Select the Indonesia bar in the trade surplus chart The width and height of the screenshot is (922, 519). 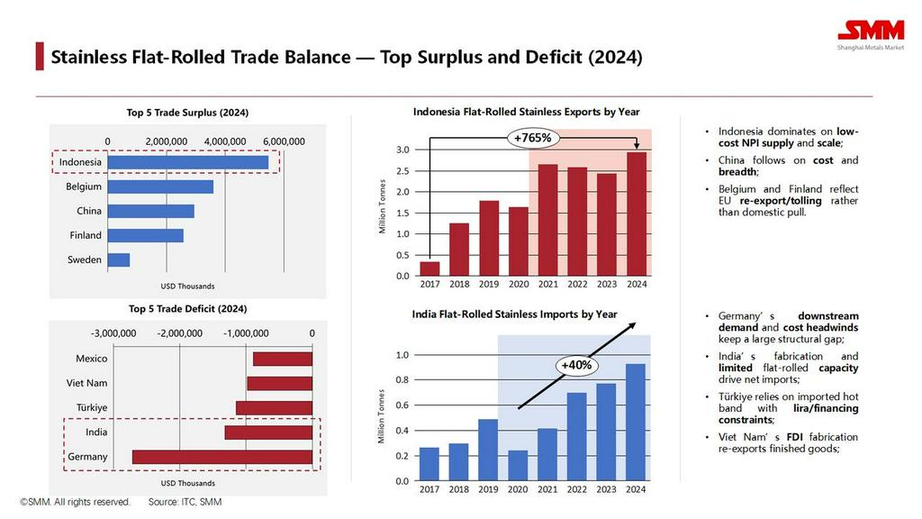point(188,162)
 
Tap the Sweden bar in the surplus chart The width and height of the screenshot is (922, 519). point(119,259)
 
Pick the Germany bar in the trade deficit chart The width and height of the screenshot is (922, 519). point(222,457)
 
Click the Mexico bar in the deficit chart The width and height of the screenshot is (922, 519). point(283,359)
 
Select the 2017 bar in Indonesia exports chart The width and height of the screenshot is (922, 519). point(430,269)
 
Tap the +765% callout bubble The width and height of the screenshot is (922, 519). point(533,138)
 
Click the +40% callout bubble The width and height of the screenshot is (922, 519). point(574,365)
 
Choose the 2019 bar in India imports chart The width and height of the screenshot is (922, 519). point(488,450)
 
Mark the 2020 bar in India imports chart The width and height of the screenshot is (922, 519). point(518,465)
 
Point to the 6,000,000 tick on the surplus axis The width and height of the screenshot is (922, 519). point(283,141)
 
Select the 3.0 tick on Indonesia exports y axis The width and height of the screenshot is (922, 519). point(402,150)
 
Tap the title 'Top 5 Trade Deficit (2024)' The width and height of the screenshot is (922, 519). point(187,309)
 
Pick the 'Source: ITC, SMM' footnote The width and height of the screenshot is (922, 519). point(185,502)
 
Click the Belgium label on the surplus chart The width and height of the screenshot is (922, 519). point(84,187)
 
